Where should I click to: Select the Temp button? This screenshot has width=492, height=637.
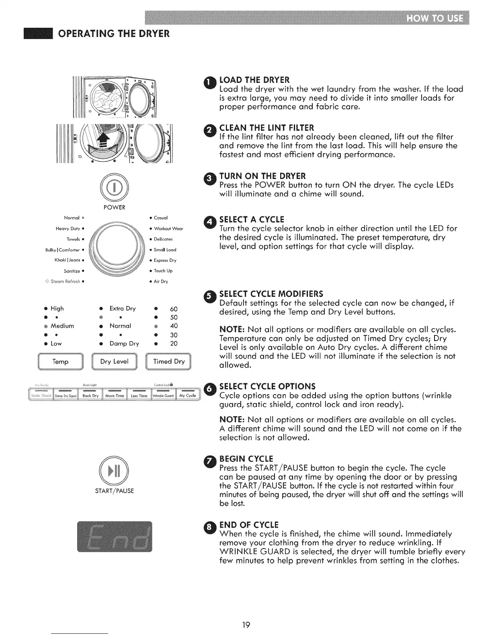60,362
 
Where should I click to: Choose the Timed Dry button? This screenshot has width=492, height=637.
169,362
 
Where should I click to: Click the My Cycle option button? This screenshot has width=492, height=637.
188,396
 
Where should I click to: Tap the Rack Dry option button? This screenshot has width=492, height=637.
90,396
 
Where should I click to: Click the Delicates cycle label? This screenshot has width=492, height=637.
163,239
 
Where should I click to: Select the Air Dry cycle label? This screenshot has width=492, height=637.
161,282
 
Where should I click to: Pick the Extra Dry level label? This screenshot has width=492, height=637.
123,308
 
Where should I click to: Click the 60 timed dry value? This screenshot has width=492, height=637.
174,309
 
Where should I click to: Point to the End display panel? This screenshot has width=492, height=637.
115,536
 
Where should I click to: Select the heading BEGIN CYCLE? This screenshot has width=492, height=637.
246,459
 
